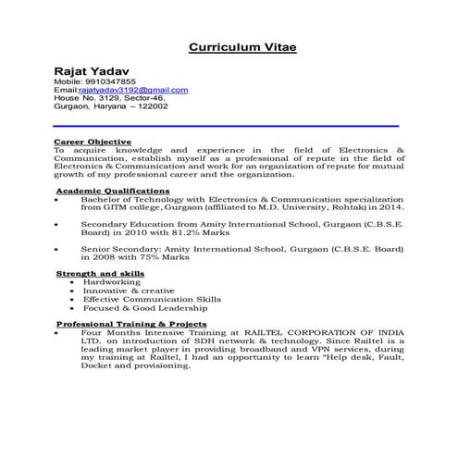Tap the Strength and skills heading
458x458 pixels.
(100, 274)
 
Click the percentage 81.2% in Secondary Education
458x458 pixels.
(211, 232)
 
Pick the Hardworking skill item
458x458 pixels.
(112, 282)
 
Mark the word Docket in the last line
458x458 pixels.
(97, 365)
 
